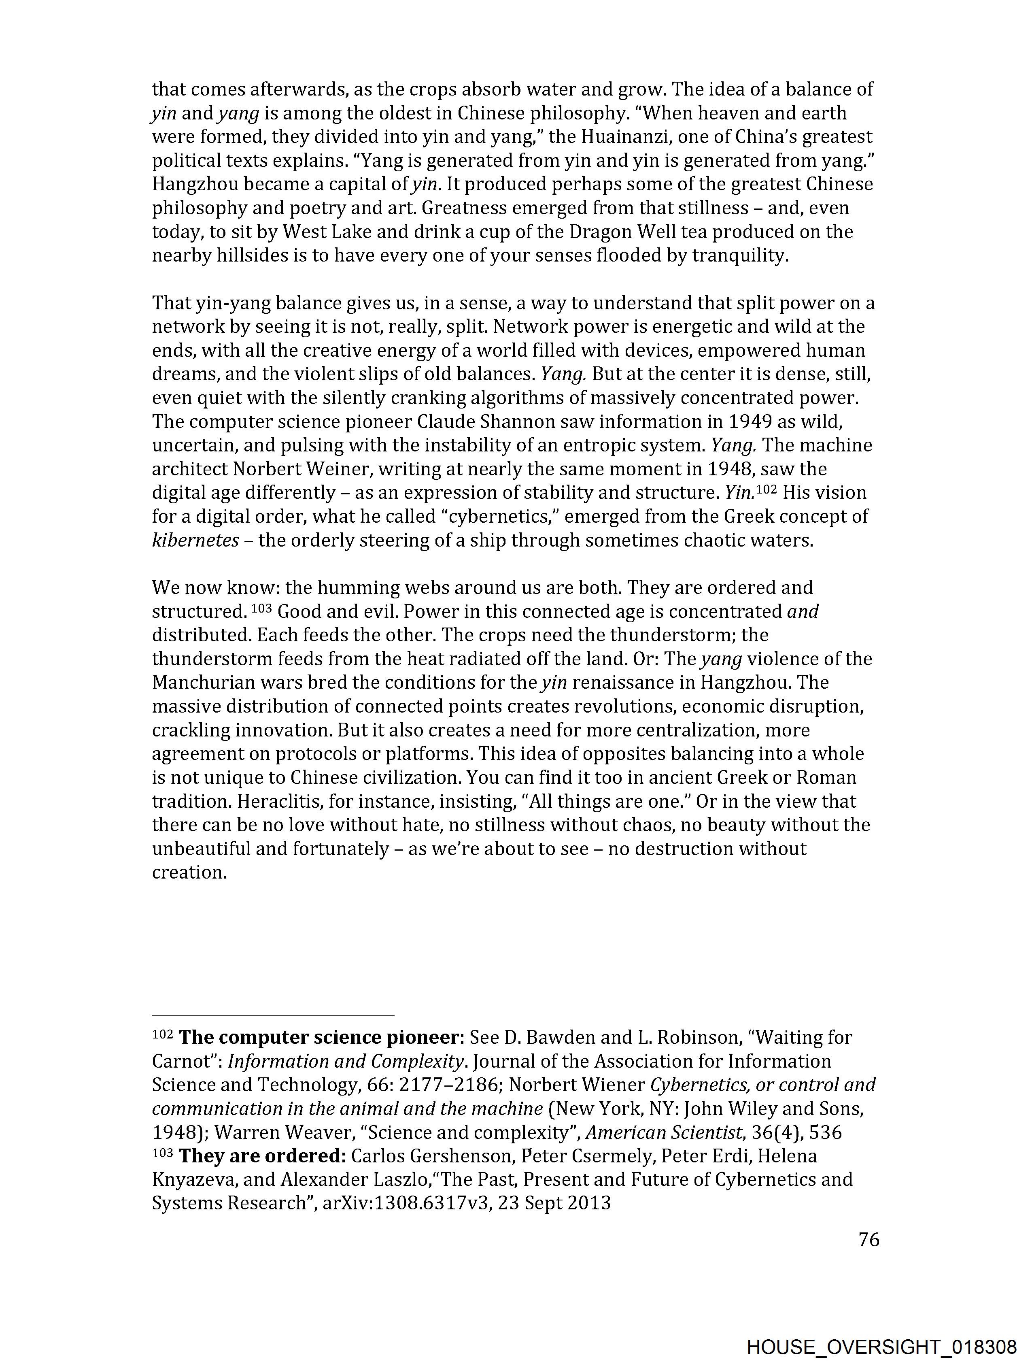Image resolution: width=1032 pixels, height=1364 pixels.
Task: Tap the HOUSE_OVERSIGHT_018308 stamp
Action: [x=881, y=1347]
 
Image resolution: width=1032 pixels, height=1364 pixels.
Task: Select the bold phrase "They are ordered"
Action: [x=259, y=1156]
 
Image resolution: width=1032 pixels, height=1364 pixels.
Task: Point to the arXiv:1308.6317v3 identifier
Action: [x=407, y=1203]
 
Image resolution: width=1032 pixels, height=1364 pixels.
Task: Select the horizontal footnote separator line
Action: [x=272, y=1015]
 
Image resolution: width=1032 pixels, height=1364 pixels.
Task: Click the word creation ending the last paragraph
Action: [x=189, y=872]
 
